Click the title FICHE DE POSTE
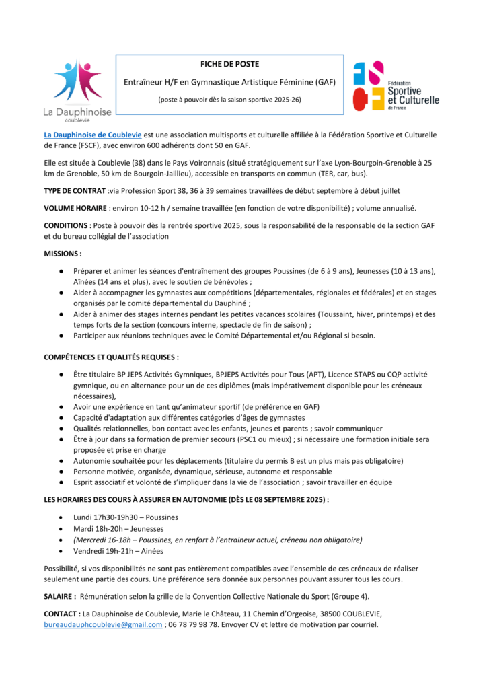229,64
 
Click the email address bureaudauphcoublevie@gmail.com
103,624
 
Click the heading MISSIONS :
63,254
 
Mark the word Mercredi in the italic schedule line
91,540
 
